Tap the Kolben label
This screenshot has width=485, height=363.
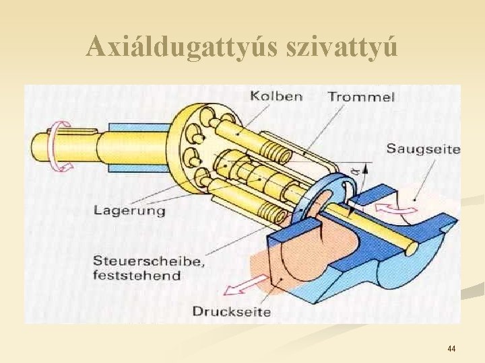(276, 96)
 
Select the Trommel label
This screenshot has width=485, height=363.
(361, 97)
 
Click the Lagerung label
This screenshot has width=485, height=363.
(129, 210)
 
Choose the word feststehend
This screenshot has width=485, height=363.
(137, 276)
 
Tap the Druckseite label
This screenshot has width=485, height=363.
(231, 311)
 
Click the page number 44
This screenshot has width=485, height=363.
(451, 349)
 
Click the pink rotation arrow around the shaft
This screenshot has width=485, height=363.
(61, 146)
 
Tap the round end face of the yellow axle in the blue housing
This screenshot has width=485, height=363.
(412, 249)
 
